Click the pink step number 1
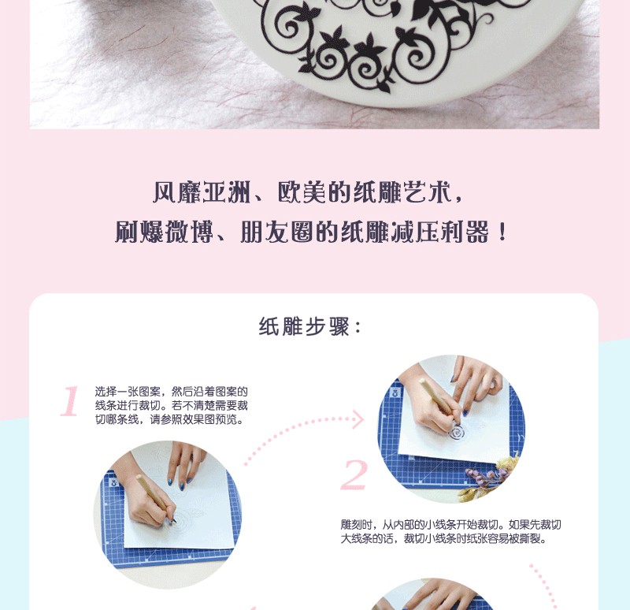point(69,401)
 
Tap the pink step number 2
point(354,474)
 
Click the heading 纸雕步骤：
point(310,326)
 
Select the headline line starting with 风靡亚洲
point(308,192)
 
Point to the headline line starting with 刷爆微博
point(310,232)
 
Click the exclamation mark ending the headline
point(502,232)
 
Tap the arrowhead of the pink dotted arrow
point(358,419)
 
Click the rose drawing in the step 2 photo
point(457,433)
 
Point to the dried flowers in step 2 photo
point(488,477)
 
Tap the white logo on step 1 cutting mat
point(114,482)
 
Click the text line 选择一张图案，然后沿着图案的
point(172,391)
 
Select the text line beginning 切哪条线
point(169,419)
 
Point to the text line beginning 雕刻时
point(450,524)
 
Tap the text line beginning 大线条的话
point(443,538)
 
